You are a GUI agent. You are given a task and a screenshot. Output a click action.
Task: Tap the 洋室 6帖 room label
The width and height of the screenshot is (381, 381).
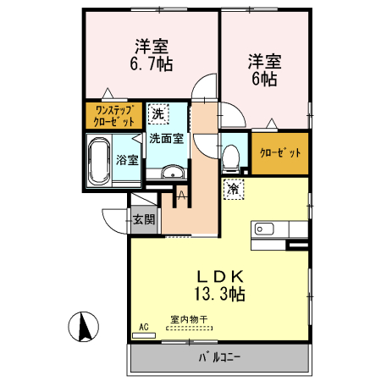point(263,69)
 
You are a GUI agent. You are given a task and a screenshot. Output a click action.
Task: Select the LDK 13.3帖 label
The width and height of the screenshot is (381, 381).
point(221,285)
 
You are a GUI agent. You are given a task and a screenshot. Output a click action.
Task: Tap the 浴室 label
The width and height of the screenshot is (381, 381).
point(128,158)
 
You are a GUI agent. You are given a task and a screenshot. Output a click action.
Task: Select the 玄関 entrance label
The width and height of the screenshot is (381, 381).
point(143,219)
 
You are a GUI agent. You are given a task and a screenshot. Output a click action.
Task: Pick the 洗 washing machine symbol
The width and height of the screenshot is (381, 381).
point(157,113)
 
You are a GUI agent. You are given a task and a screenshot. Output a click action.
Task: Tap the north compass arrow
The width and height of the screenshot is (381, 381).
point(85,324)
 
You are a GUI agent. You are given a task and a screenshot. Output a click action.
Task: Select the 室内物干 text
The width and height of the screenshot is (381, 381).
point(189,318)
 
